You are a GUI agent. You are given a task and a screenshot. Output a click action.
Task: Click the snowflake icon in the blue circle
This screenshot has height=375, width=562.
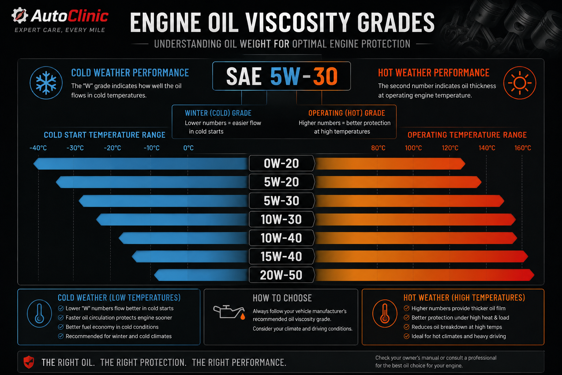click(46, 83)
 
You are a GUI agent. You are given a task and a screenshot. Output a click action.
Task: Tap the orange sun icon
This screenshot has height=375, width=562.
click(520, 83)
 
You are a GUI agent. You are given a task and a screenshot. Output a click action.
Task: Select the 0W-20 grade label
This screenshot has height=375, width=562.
click(281, 163)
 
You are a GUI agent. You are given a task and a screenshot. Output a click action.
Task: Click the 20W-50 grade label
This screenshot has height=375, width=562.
click(281, 275)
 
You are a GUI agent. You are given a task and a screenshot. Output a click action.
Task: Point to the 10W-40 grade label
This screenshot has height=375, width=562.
click(281, 238)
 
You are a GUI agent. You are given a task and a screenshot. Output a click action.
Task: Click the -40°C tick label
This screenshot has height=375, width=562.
click(38, 148)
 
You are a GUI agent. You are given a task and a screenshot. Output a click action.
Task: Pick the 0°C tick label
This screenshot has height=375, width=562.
click(188, 148)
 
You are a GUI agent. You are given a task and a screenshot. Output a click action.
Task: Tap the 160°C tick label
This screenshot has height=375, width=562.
click(522, 148)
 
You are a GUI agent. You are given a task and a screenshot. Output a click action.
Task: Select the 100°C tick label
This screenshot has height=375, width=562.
click(413, 148)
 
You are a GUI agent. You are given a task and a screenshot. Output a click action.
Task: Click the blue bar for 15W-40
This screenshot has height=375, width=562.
click(190, 256)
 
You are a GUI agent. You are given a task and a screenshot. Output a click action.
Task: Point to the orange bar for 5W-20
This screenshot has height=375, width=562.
click(398, 182)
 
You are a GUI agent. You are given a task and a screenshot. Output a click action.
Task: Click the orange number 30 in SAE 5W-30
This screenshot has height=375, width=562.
click(325, 76)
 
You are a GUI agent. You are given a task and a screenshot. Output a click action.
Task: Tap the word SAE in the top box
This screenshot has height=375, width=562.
click(244, 77)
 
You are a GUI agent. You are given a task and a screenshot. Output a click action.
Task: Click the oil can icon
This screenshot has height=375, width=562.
click(229, 312)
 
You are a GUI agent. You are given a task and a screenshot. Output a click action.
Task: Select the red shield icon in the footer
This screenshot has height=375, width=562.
click(29, 362)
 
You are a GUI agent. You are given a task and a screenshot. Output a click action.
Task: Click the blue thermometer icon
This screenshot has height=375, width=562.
click(40, 313)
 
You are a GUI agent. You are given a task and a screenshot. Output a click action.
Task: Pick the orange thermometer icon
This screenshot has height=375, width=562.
click(385, 313)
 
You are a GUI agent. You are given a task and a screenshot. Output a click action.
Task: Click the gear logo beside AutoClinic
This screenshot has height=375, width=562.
click(19, 15)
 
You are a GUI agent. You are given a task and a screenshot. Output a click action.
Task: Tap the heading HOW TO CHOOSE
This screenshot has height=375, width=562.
click(282, 298)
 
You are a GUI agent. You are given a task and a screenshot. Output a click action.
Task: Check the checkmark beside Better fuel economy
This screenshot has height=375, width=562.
click(61, 327)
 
